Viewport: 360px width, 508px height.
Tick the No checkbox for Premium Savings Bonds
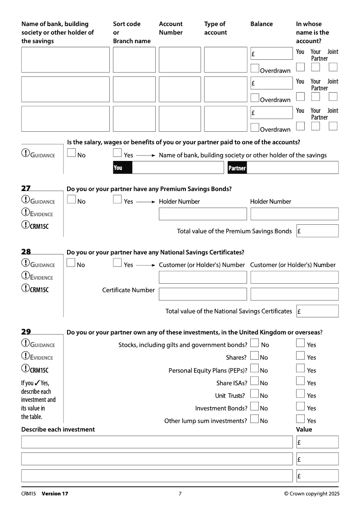pyautogui.click(x=71, y=200)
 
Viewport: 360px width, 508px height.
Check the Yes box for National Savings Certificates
pyautogui.click(x=117, y=263)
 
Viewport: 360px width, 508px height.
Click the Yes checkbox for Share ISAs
pyautogui.click(x=301, y=381)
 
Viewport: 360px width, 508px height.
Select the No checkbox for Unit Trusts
pyautogui.click(x=254, y=394)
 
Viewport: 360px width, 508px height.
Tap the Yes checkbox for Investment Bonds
pyautogui.click(x=301, y=406)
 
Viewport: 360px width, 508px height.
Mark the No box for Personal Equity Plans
pyautogui.click(x=254, y=369)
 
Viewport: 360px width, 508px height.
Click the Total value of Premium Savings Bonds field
pyautogui.click(x=318, y=231)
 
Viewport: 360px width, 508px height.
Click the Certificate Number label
pyautogui.click(x=128, y=290)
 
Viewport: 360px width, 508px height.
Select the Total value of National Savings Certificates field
pyautogui.click(x=318, y=311)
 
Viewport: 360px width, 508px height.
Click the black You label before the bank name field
pyautogui.click(x=122, y=168)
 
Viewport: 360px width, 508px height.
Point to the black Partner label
pyautogui.click(x=237, y=168)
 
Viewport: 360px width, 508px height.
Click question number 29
pyautogui.click(x=26, y=332)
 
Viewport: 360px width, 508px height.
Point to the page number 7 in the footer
pyautogui.click(x=180, y=494)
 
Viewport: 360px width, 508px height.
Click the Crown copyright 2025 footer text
pyautogui.click(x=312, y=494)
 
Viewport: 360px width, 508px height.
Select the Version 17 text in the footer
pyautogui.click(x=55, y=494)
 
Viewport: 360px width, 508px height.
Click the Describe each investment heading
pyautogui.click(x=58, y=429)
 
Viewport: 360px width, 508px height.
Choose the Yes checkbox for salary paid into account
pyautogui.click(x=117, y=153)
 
